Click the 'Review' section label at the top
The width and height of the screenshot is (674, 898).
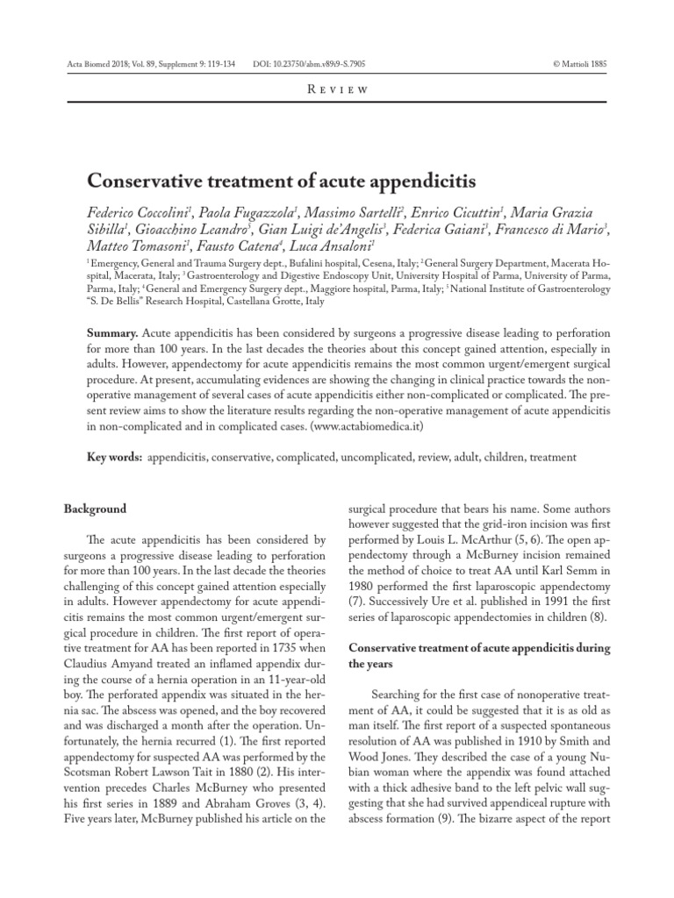click(337, 89)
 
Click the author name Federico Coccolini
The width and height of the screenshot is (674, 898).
click(140, 214)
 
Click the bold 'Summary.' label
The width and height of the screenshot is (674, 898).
click(112, 336)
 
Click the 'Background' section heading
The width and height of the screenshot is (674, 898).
click(96, 510)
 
